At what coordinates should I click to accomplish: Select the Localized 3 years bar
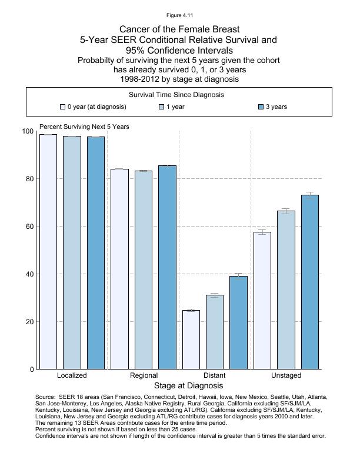(x=96, y=253)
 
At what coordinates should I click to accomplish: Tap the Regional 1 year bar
(x=144, y=270)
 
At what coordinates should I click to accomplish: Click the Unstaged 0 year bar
(x=262, y=300)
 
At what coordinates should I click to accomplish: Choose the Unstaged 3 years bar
(x=310, y=282)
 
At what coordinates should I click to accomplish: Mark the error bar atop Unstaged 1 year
(x=286, y=211)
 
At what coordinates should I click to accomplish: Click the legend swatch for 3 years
(x=261, y=107)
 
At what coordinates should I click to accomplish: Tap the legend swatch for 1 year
(x=162, y=107)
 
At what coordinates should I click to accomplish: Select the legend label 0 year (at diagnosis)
(x=96, y=107)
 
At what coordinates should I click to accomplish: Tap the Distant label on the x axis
(x=214, y=375)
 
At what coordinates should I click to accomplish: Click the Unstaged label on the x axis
(x=286, y=375)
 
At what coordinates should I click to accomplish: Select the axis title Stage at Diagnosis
(x=188, y=386)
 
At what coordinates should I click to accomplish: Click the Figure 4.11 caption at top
(x=179, y=14)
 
